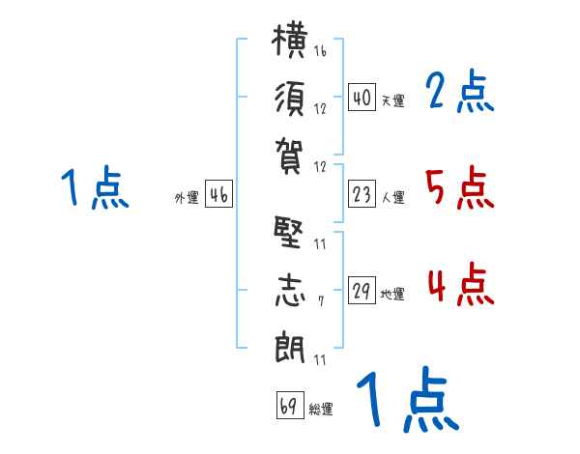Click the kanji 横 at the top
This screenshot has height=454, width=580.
tap(289, 41)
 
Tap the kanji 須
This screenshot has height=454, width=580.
tap(290, 99)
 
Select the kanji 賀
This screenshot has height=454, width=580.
tap(289, 156)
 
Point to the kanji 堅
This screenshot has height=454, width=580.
tap(288, 232)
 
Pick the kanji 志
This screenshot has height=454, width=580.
tap(290, 290)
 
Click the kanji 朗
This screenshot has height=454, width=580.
tap(290, 347)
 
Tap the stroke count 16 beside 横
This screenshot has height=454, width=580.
tap(320, 50)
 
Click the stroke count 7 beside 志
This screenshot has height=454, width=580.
tap(321, 301)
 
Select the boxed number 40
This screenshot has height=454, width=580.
tap(362, 98)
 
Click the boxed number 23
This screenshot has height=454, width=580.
tap(362, 194)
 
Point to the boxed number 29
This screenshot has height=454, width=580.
tap(362, 290)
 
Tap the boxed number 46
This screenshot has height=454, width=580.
tap(218, 194)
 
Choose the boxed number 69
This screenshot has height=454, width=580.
tap(290, 405)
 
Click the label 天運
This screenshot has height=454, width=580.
tap(393, 100)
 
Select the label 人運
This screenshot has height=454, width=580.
tap(393, 197)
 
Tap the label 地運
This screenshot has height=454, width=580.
tap(392, 294)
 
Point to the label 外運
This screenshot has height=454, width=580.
tap(187, 198)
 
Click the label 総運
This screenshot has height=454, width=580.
tap(321, 410)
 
